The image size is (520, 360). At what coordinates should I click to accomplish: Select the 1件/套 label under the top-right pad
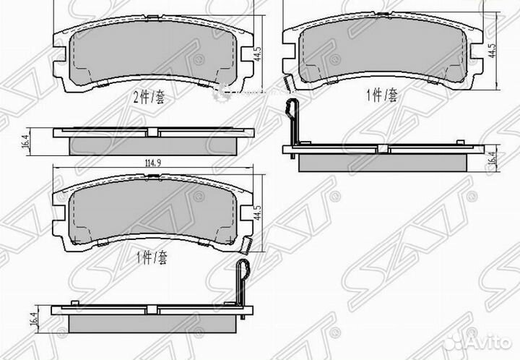click(x=382, y=95)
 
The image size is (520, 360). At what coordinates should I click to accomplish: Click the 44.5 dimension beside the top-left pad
click(x=256, y=54)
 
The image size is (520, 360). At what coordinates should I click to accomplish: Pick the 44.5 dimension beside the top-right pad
click(x=493, y=51)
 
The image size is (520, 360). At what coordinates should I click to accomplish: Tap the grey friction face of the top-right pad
click(x=382, y=51)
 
